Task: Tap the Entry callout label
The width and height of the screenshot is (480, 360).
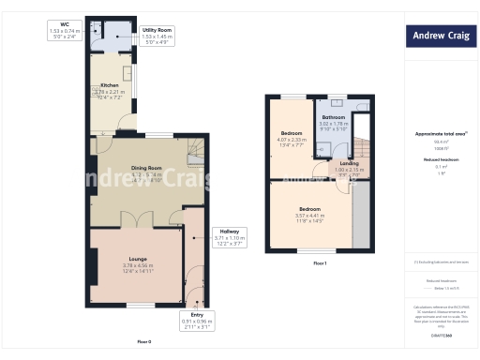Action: [197, 314]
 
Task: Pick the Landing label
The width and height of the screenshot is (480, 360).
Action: [349, 163]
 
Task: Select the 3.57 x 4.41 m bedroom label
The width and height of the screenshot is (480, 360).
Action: [309, 207]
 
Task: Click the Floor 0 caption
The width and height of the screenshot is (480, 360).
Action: [143, 341]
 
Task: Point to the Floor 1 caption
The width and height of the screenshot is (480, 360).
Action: [319, 263]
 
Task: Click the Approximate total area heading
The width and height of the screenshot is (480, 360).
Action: [441, 134]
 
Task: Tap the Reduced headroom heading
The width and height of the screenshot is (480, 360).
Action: [441, 159]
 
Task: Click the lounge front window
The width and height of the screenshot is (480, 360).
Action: [141, 305]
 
